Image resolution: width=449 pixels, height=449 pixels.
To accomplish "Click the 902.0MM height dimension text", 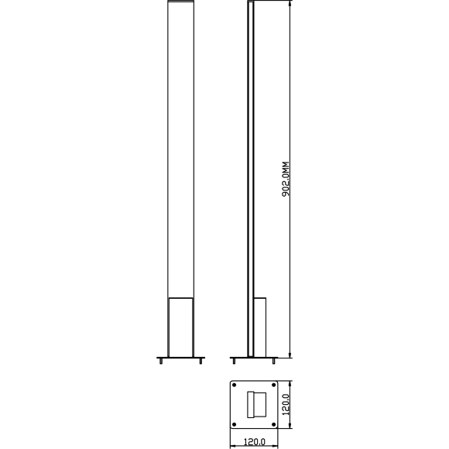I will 284,180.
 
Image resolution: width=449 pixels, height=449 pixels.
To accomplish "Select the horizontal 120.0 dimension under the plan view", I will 255,442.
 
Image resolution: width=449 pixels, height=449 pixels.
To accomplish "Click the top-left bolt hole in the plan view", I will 235,384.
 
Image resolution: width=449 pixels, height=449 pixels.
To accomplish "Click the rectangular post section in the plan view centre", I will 255,404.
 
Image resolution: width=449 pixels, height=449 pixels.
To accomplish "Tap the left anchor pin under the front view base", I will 160,361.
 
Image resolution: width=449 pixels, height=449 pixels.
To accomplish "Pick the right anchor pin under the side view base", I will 272,361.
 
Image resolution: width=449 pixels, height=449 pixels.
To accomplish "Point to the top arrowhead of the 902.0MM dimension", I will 290,5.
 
